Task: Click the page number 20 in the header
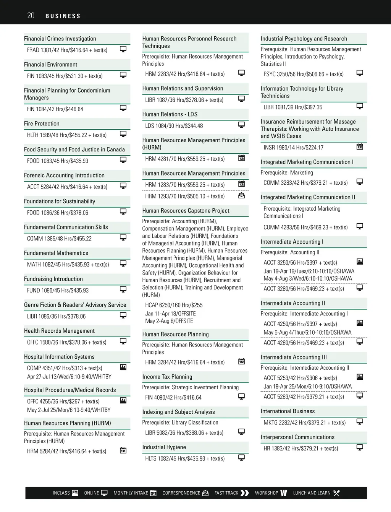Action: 31,16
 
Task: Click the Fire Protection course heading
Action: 42,124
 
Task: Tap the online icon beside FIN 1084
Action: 123,108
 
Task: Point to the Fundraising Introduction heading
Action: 53,279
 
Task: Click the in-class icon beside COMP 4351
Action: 123,367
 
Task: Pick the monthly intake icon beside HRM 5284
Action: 123,450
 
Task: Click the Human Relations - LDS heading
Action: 170,114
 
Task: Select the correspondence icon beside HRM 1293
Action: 241,195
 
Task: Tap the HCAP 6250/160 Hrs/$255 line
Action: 174,305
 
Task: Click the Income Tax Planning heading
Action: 167,377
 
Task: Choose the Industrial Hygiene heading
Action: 164,447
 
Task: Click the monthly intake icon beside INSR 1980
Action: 360,147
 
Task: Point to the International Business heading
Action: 288,411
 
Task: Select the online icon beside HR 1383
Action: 360,447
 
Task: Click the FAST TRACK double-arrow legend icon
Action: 245,493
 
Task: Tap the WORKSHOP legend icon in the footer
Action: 283,493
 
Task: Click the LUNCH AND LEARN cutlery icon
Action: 336,493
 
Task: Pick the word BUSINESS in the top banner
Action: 63,16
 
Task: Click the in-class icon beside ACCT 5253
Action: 360,377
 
